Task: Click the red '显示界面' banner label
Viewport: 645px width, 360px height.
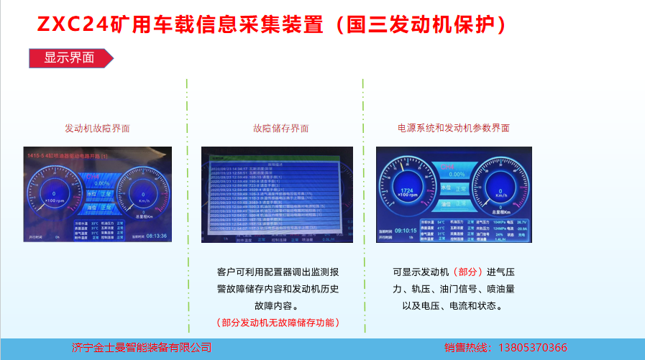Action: coord(69,58)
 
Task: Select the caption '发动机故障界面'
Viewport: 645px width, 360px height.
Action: coord(98,129)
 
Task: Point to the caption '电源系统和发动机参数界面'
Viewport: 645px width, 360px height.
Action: coord(454,128)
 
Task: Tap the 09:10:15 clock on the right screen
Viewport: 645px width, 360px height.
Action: coord(407,231)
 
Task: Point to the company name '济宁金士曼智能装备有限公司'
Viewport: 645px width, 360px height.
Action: coord(142,348)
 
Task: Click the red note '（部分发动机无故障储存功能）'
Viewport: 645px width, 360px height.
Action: coord(278,323)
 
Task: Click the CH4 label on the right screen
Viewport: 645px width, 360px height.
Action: coord(453,165)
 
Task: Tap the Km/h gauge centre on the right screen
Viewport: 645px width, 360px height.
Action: coord(499,191)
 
